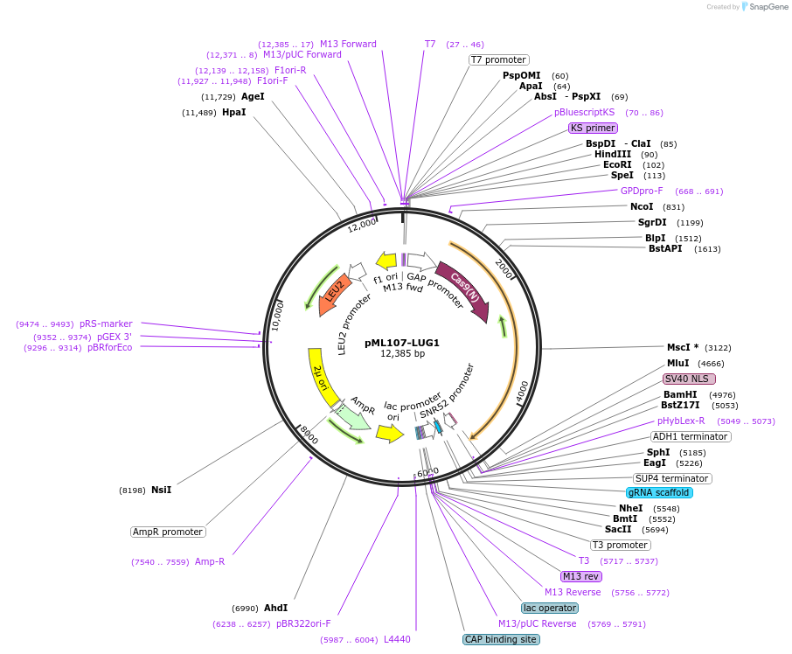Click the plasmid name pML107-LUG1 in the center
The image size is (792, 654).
coord(402,343)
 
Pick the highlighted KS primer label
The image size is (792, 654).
coord(593,128)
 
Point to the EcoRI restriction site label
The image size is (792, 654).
coord(617,164)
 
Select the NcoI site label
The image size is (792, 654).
coord(642,207)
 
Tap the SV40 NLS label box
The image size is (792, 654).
coord(689,379)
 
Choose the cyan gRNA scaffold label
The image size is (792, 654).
coord(659,492)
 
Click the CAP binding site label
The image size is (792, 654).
coord(501,639)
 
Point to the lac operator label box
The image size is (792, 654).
coord(550,608)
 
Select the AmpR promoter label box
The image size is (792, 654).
coord(168,532)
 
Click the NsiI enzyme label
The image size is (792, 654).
coord(161,490)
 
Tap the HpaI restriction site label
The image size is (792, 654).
coord(233,113)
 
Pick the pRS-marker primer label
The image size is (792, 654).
coord(106,324)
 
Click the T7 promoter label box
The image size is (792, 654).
coord(498,59)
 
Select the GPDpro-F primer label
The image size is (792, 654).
coord(642,191)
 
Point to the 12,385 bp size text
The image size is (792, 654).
coord(402,354)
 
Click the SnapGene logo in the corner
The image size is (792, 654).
coord(763,7)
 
